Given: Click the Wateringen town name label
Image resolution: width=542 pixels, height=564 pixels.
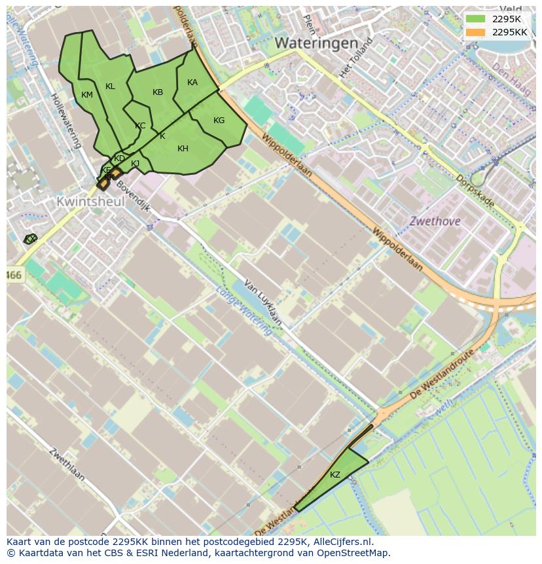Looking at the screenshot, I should click(x=316, y=43).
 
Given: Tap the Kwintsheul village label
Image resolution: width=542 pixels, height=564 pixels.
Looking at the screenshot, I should click(x=90, y=202).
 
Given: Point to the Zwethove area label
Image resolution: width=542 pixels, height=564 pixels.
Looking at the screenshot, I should click(x=435, y=221).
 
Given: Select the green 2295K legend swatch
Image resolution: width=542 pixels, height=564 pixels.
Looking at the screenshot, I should click(x=475, y=18).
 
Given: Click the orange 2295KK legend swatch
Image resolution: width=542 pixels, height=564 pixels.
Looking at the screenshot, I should click(x=475, y=31).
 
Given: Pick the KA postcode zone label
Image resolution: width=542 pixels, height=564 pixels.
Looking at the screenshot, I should click(x=192, y=83).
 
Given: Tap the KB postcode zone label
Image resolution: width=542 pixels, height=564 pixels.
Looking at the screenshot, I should click(x=158, y=92).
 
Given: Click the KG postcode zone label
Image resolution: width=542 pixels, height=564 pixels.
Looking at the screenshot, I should click(x=219, y=121).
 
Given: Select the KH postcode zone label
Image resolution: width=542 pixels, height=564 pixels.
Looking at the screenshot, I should click(x=183, y=149).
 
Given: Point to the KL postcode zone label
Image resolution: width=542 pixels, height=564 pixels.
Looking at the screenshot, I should click(x=110, y=86).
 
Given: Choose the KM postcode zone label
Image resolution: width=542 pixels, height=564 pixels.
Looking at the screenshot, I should click(x=87, y=95).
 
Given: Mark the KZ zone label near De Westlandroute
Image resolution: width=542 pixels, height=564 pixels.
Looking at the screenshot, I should click(x=335, y=475).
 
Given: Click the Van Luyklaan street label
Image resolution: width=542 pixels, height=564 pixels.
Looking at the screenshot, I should click(x=263, y=303).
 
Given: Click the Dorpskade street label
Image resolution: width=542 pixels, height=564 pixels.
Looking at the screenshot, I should click(x=475, y=191).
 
